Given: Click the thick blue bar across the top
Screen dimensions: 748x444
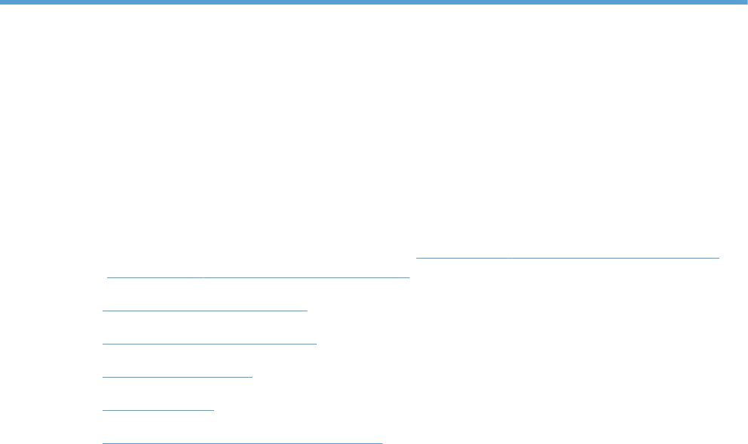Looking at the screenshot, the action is (374, 3).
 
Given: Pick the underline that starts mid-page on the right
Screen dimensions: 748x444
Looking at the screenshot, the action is (568, 257).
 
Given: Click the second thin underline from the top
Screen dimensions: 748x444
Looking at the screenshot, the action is (258, 277).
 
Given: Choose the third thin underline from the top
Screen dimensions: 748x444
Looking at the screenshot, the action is (205, 309).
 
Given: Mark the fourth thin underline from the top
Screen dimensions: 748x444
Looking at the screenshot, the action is (210, 343).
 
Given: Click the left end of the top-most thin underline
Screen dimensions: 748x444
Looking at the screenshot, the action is (417, 257).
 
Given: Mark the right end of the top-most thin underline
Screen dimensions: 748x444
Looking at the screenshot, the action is (719, 257).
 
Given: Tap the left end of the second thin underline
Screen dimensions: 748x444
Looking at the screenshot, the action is (108, 277).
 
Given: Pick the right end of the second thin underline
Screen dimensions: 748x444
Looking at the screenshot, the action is (409, 277).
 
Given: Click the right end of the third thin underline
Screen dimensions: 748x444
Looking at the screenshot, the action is (308, 309).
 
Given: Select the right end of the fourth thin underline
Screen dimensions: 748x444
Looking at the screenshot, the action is (316, 343).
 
